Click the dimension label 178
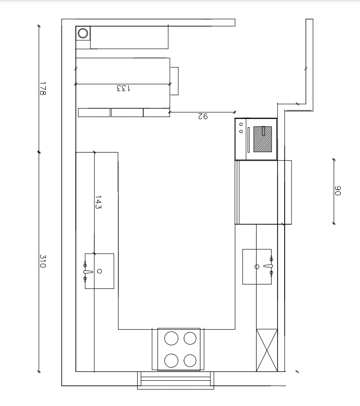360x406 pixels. (43, 89)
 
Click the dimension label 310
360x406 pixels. (43, 261)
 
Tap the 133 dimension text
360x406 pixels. (124, 88)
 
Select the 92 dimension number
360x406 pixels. (203, 116)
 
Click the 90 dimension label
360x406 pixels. (338, 191)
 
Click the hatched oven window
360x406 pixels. (263, 139)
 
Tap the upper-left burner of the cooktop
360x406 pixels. (171, 338)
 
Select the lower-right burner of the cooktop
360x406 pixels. (190, 361)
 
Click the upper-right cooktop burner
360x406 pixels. (190, 338)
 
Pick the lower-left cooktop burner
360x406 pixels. (171, 361)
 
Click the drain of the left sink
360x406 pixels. (99, 271)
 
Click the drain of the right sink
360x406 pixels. (257, 267)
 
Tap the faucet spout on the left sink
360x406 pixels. (88, 272)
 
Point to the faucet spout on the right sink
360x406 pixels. (268, 266)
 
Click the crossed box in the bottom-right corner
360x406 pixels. (267, 350)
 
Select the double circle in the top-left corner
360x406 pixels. (83, 33)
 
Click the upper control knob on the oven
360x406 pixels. (241, 124)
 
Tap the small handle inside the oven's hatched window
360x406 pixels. (264, 131)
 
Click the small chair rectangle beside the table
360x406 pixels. (174, 81)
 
